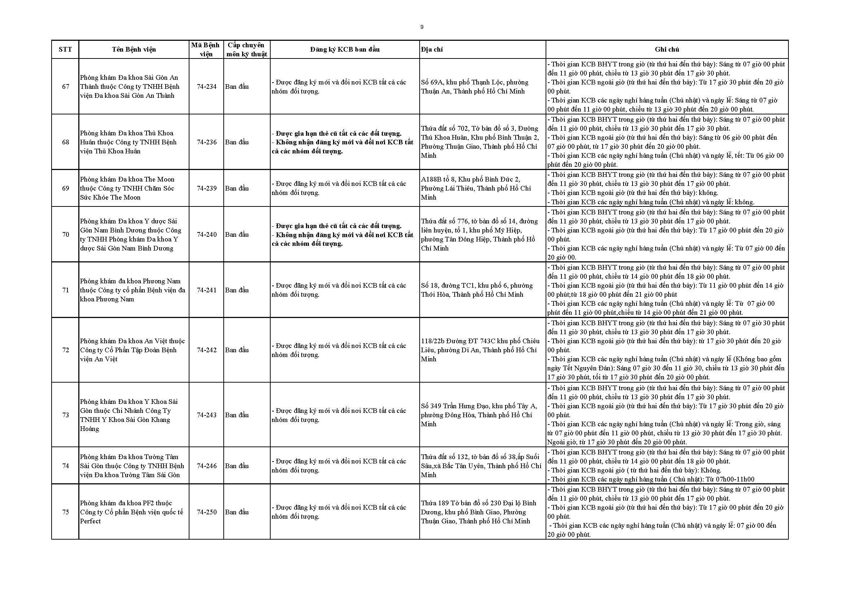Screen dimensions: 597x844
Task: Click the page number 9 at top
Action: (x=421, y=27)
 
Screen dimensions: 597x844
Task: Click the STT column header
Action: (x=65, y=49)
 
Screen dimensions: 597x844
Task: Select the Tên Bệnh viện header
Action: (x=134, y=49)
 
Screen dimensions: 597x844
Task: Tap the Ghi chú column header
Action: (x=667, y=49)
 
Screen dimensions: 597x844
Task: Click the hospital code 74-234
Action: (x=207, y=87)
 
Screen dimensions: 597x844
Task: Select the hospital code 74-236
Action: (x=207, y=142)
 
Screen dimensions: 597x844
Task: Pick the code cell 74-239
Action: (x=207, y=188)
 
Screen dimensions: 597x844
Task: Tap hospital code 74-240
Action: (x=207, y=235)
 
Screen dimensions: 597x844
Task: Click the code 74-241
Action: (x=207, y=290)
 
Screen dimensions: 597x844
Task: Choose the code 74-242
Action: (x=207, y=350)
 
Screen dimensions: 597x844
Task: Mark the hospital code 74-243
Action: (x=207, y=415)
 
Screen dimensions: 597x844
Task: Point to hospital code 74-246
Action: (x=207, y=466)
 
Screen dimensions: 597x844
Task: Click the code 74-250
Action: (x=207, y=512)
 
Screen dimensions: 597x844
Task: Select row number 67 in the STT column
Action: (x=65, y=87)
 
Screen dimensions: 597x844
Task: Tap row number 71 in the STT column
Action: (x=65, y=290)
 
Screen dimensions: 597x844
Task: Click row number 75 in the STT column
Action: (x=65, y=512)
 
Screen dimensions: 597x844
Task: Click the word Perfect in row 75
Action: (x=91, y=521)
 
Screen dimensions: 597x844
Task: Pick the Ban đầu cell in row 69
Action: (x=237, y=188)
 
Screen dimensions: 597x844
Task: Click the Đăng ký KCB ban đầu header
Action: (x=345, y=49)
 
